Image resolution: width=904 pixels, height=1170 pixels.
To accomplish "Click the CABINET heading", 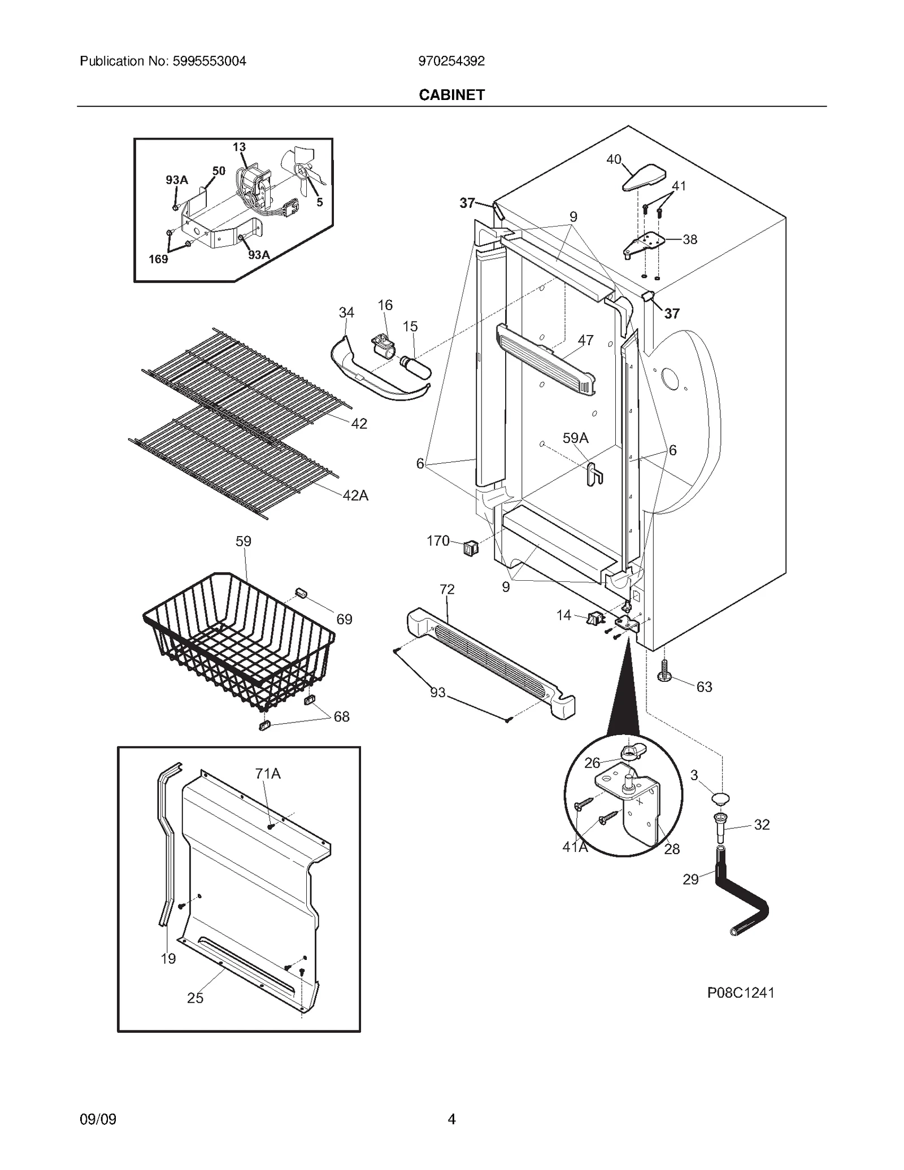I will [x=451, y=95].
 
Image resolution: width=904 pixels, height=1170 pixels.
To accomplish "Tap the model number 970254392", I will [x=451, y=61].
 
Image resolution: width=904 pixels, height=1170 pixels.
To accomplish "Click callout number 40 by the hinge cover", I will [x=614, y=160].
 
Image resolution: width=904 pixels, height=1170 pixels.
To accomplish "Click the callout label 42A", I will [x=355, y=495].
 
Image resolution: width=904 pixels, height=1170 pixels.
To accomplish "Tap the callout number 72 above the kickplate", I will [x=447, y=589].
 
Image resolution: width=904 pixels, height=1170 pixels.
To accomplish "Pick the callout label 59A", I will [x=575, y=438].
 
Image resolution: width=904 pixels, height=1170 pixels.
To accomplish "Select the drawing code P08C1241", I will [x=740, y=993].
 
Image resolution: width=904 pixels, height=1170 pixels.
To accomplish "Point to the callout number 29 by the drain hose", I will [x=690, y=879].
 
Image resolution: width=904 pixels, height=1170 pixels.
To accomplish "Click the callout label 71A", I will [x=268, y=773].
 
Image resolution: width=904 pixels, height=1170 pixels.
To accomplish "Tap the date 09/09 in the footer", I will [x=98, y=1119].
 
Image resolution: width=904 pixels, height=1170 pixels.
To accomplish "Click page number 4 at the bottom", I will [x=451, y=1119].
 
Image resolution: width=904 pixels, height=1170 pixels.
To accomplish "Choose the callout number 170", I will [x=438, y=541].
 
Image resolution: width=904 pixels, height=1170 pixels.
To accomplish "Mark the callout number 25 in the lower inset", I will [x=195, y=998].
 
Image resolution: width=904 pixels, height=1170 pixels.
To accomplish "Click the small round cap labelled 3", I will [x=720, y=798].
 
